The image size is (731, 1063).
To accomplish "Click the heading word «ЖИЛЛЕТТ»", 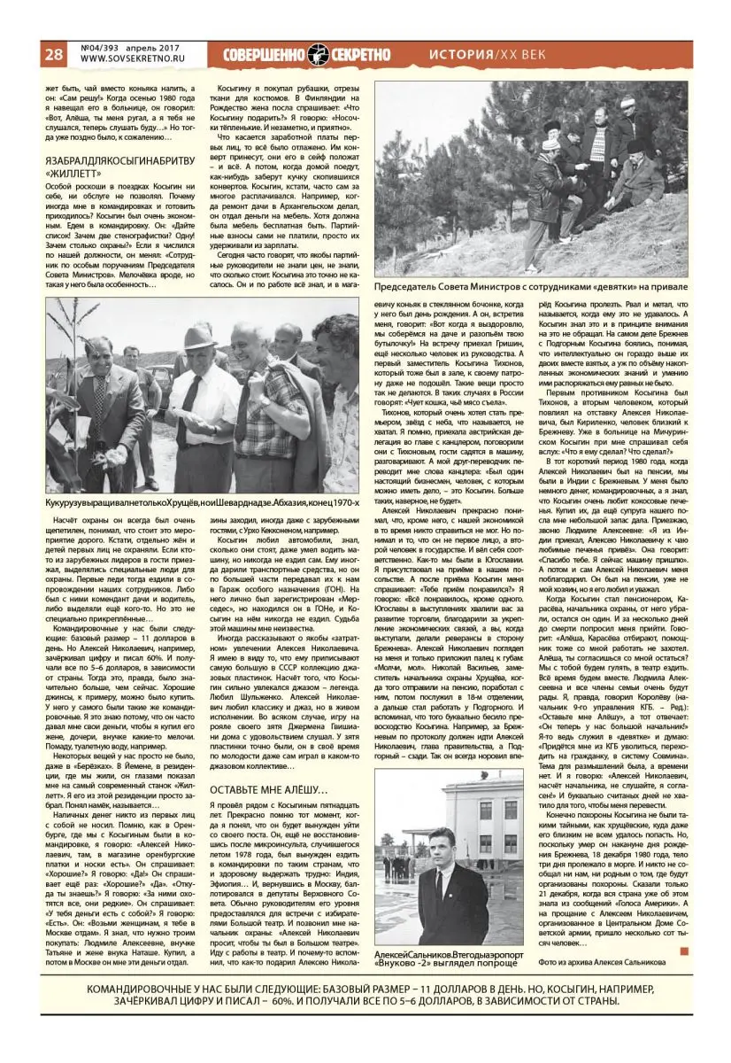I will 72,174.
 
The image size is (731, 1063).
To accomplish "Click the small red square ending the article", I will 683,950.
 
